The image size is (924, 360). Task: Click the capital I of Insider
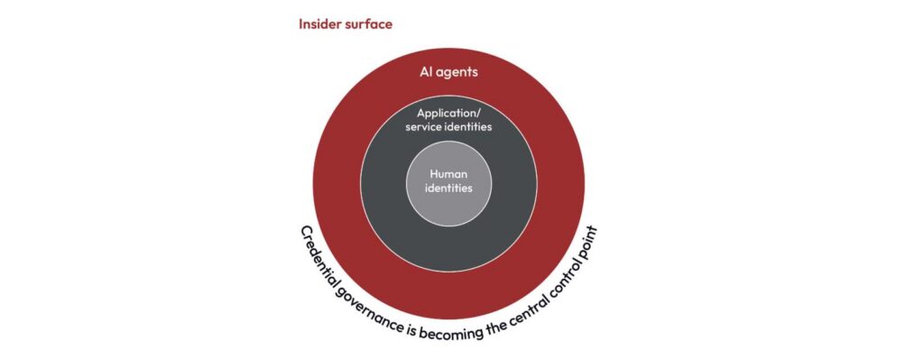click(301, 24)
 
